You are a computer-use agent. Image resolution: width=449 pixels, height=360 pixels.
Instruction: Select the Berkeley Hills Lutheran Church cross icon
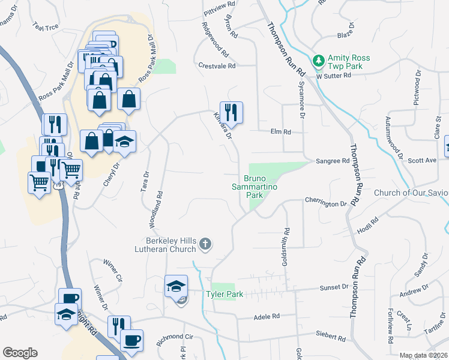205,244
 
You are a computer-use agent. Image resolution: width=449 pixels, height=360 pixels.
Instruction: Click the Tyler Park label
223,294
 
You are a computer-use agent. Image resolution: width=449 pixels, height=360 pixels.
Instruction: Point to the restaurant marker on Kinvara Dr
231,112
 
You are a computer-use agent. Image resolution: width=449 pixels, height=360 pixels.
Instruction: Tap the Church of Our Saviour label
411,193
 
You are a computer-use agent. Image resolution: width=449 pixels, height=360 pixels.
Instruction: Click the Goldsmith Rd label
288,234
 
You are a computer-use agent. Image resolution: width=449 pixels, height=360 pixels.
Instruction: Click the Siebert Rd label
330,334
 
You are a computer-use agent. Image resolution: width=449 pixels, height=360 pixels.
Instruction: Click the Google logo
20,353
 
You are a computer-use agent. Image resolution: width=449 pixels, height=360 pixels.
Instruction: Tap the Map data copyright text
424,355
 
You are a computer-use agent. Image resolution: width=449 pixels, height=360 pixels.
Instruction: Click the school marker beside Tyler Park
176,286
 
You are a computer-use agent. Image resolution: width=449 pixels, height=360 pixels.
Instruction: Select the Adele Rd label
267,316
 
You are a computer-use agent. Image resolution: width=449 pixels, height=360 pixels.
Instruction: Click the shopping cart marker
40,182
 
